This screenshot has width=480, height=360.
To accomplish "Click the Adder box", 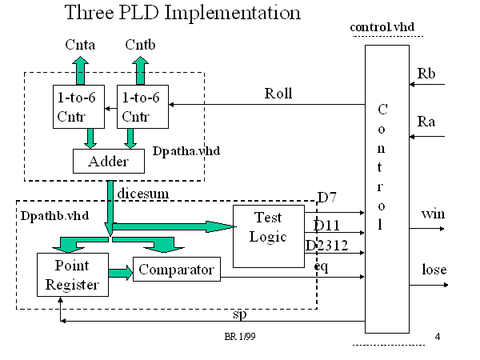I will tap(108, 162).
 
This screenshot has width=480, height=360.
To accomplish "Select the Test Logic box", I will tap(269, 227).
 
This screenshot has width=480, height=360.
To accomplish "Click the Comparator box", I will tap(175, 270).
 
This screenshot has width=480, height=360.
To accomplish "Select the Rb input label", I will tap(426, 74).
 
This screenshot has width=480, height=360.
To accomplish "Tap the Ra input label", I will tap(426, 122).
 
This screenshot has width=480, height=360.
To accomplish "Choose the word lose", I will tap(434, 270).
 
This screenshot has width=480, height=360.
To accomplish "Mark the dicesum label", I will tap(140, 193).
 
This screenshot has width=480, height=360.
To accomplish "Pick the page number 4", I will tap(438, 336).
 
